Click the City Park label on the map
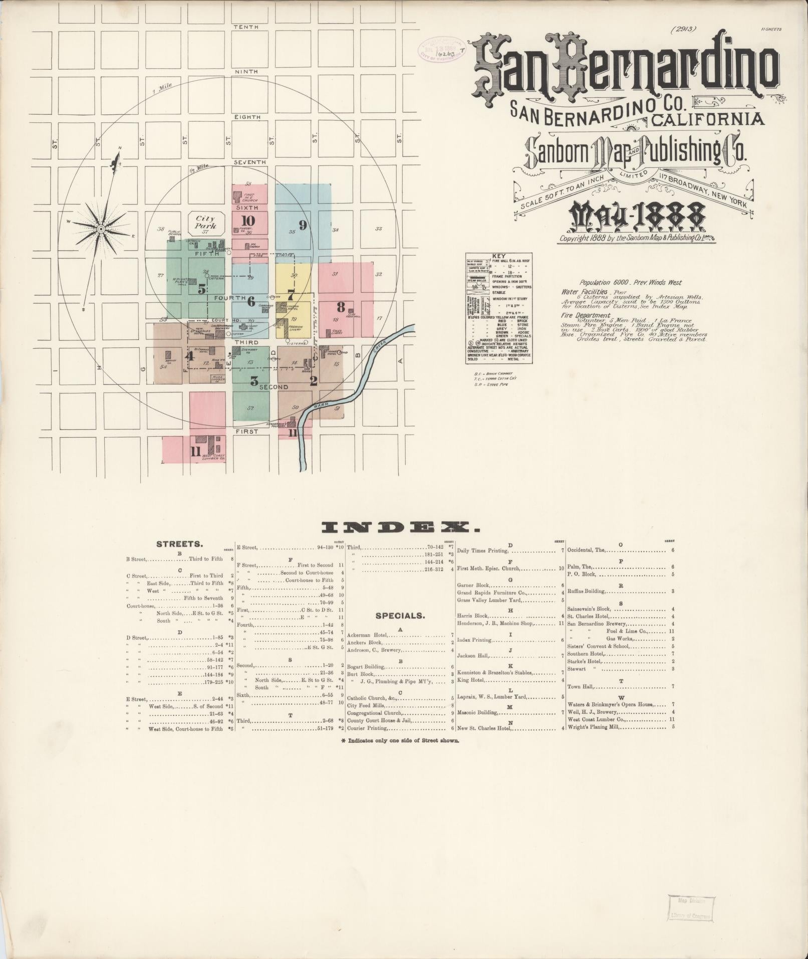pos(205,222)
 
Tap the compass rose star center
pos(101,229)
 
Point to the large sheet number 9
pos(302,225)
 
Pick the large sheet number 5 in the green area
pos(201,289)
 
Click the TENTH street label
pos(245,27)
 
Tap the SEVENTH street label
pos(249,162)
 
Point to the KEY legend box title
pos(499,256)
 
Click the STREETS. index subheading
pos(179,543)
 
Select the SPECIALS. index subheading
pos(400,616)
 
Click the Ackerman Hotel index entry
pos(367,635)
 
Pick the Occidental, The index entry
pos(586,550)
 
